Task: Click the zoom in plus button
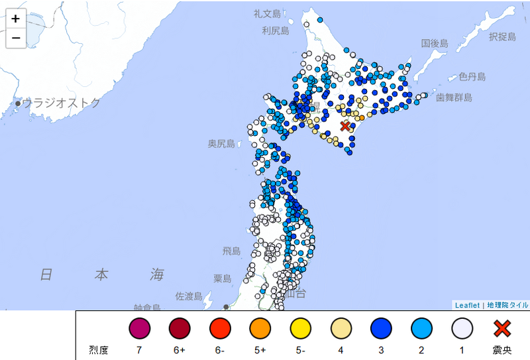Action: (x=15, y=19)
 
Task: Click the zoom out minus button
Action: (x=15, y=38)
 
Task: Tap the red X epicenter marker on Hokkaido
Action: (x=345, y=126)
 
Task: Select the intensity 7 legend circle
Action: (x=140, y=329)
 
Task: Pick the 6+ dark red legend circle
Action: (x=180, y=329)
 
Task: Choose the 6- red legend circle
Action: (x=219, y=329)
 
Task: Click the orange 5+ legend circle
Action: (x=260, y=329)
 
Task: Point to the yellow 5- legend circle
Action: (x=301, y=329)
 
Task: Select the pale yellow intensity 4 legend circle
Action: (x=341, y=329)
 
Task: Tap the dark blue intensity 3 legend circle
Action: (x=382, y=329)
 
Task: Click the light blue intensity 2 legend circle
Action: (x=422, y=329)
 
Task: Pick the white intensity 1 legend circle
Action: (x=462, y=329)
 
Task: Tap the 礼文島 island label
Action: (x=267, y=13)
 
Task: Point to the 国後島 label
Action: (x=435, y=44)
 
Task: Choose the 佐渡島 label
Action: (x=188, y=296)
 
